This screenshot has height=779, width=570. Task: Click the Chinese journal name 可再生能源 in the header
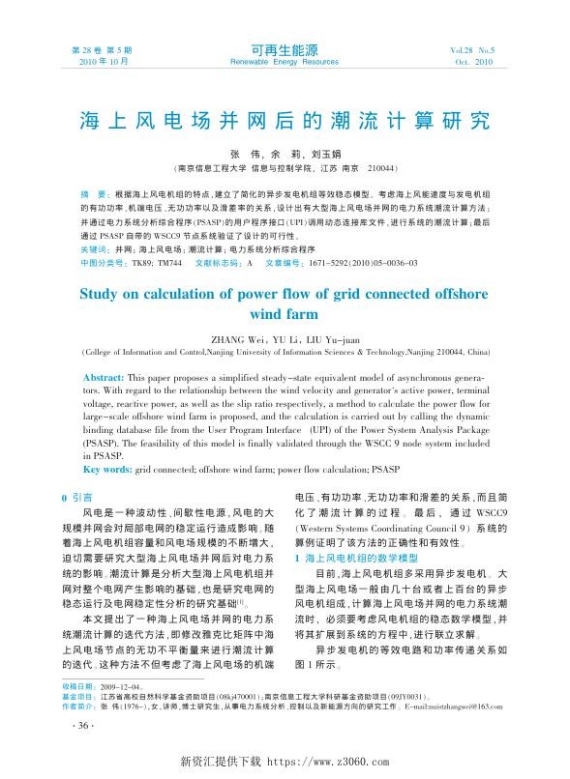pos(284,47)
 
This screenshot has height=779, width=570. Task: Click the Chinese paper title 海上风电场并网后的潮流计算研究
pos(285,122)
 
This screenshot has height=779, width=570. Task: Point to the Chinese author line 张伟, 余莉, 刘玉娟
pos(284,153)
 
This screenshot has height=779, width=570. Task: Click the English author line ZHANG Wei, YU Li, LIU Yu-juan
pos(284,338)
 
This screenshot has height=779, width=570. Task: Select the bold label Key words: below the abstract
pos(108,468)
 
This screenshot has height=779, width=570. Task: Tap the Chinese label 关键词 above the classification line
pos(93,248)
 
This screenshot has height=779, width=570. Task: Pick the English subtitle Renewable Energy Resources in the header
pos(285,60)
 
